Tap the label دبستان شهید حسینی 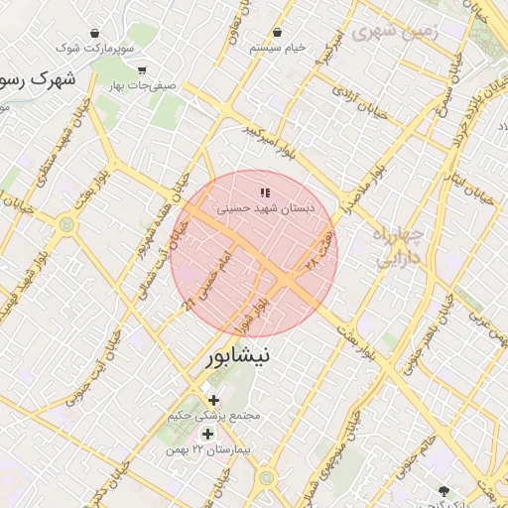tap(265, 209)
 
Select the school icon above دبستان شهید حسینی tap(264, 191)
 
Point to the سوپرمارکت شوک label tap(94, 47)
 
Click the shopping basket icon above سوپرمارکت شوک tap(95, 30)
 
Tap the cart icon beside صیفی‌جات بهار tap(142, 69)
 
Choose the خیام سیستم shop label tap(278, 47)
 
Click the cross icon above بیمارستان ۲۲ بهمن tap(207, 434)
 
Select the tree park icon tap(442, 490)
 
